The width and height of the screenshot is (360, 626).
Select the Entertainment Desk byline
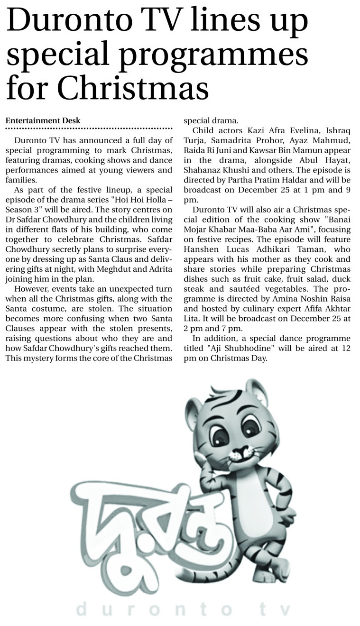[x=43, y=121]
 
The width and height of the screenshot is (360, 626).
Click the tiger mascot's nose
[x=240, y=449]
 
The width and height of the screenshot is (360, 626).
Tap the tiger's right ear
[x=256, y=390]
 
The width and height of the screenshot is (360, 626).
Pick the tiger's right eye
[x=250, y=427]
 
